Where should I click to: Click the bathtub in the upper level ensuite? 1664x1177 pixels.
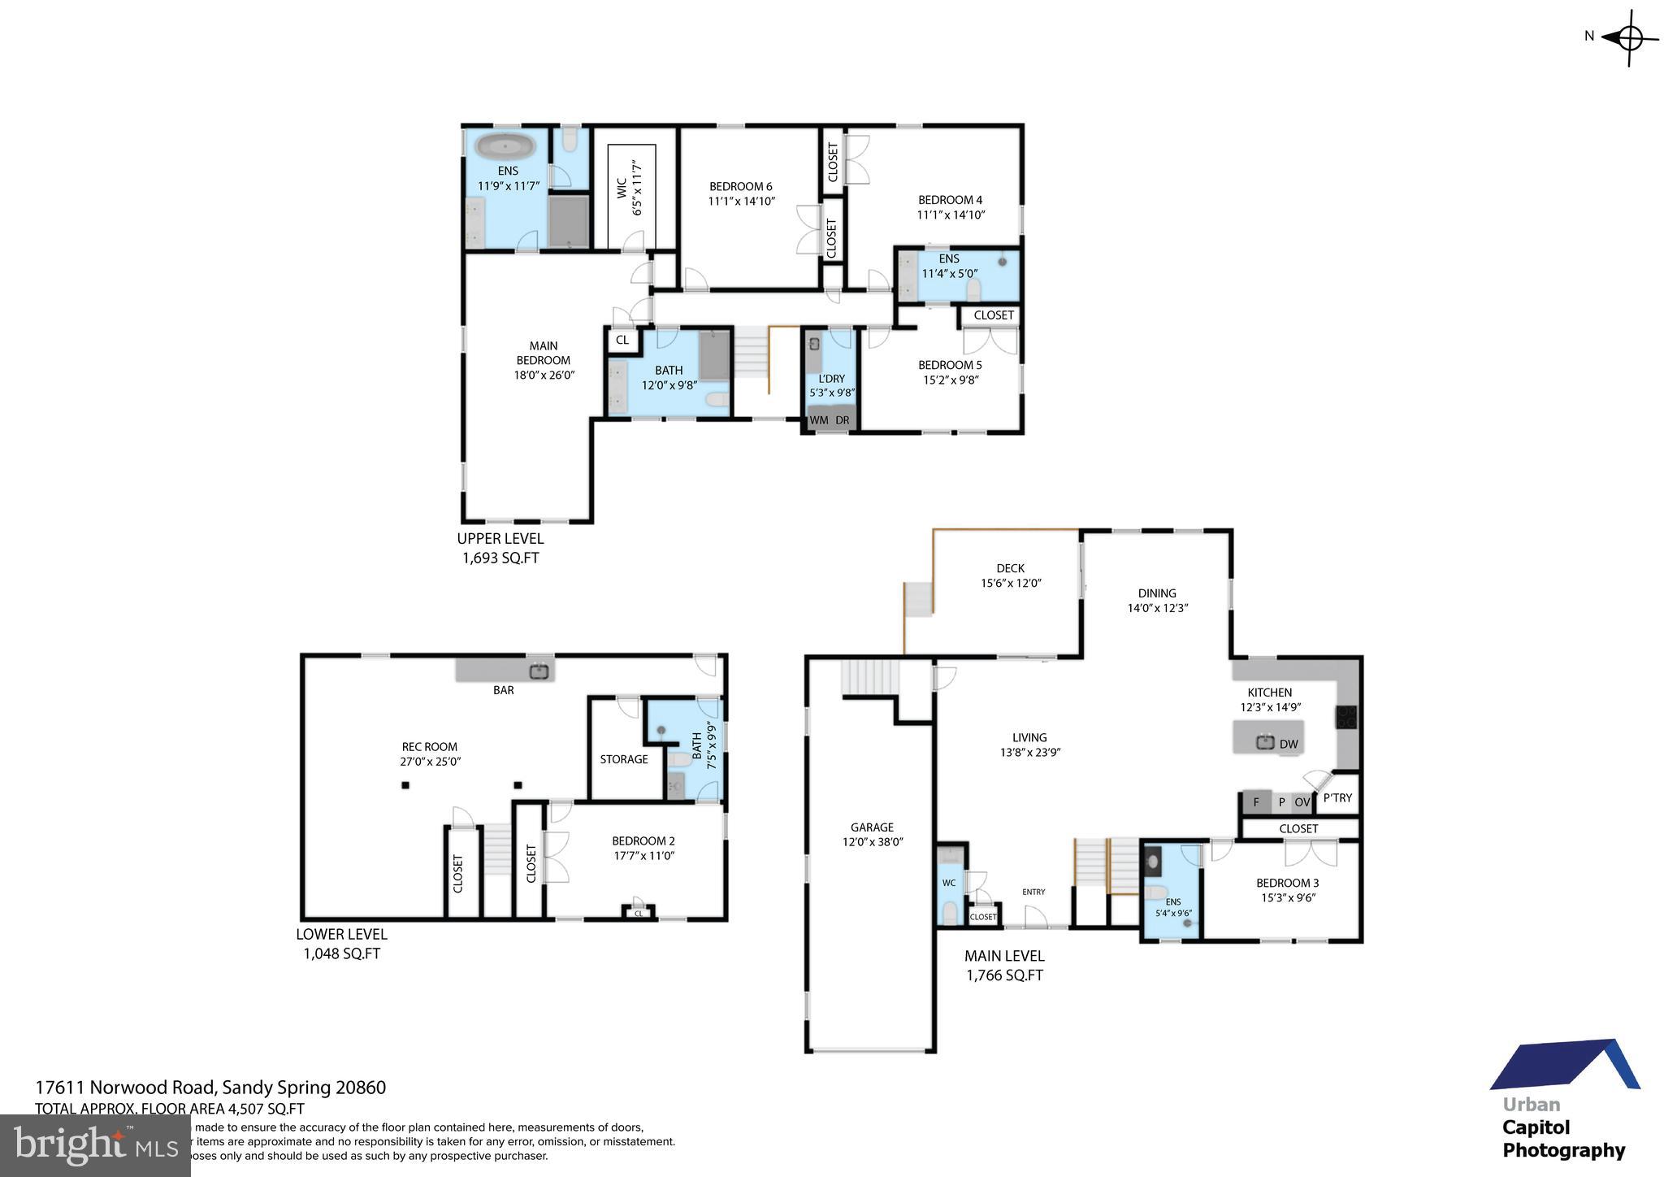point(505,148)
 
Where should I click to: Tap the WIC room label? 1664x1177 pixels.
point(622,189)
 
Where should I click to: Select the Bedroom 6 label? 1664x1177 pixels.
point(740,186)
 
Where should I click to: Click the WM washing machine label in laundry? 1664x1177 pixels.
point(819,420)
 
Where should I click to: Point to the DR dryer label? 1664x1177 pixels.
point(843,420)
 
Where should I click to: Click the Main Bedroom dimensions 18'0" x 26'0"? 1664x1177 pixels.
point(544,376)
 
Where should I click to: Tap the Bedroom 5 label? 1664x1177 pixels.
point(950,365)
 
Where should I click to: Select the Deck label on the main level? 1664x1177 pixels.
point(1010,568)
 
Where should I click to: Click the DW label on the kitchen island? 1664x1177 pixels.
point(1289,744)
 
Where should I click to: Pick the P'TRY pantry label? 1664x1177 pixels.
point(1337,797)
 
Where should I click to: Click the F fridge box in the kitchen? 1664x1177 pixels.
point(1256,802)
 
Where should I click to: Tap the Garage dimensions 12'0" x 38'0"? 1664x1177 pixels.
point(873,842)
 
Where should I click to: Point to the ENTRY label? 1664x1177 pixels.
point(1033,892)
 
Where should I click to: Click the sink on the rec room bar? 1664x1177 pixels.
point(539,671)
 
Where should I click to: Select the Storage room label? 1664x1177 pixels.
point(624,759)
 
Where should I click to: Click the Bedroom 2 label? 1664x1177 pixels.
point(643,840)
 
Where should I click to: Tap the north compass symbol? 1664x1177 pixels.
point(1629,37)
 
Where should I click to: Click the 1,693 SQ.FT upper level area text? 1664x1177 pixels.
point(500,558)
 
